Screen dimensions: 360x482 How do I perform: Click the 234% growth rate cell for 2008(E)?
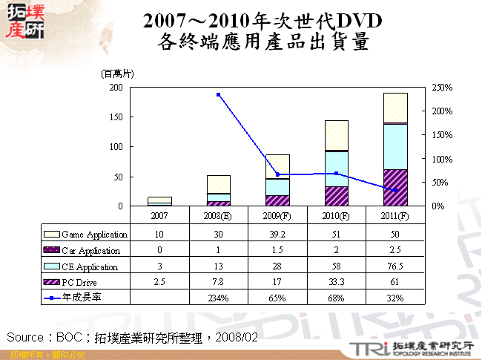(x=218, y=298)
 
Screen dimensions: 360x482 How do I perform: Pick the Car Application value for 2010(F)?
(x=336, y=250)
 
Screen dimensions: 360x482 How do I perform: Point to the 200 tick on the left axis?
(x=116, y=88)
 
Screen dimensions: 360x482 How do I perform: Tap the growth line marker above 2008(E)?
(x=218, y=95)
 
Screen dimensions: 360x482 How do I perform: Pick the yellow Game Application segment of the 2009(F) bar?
(x=277, y=166)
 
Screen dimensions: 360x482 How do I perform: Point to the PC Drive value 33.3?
(x=336, y=282)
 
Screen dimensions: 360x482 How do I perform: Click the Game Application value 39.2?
(x=277, y=235)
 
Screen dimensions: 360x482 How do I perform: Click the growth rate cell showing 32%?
(x=395, y=298)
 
